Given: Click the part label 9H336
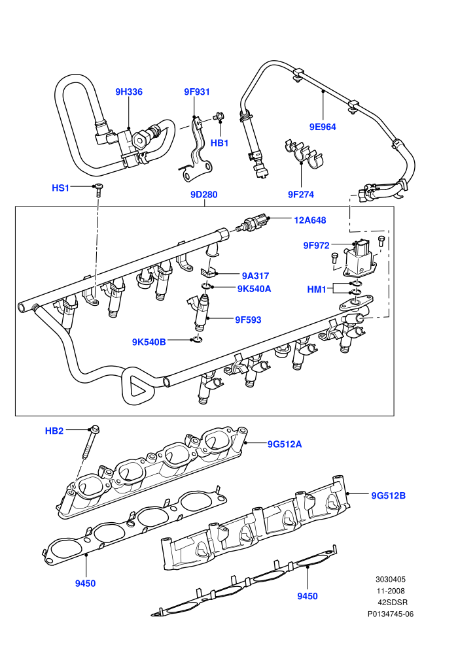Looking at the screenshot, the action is tap(129, 91).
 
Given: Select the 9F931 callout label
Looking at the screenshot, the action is tap(197, 91).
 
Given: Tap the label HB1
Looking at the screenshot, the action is tap(220, 142).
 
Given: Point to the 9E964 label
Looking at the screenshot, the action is tap(323, 127).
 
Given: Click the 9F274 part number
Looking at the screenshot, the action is tap(301, 194).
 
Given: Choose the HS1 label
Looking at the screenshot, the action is tap(60, 188).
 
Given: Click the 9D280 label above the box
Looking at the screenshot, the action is tap(204, 194).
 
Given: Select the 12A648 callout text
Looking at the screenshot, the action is tap(310, 220).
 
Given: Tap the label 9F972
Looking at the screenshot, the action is tap(316, 246).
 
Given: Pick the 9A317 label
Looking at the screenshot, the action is tap(256, 276).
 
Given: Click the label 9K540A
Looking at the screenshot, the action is tap(255, 289).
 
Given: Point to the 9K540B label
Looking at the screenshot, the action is tap(149, 342).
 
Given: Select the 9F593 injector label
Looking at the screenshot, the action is tap(248, 320).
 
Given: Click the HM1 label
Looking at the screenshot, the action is tap(317, 290).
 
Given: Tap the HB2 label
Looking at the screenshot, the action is tap(54, 431).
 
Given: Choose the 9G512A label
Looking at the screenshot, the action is tap(285, 444).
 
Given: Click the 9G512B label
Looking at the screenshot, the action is tap(388, 495).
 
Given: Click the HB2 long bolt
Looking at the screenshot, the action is tap(90, 442).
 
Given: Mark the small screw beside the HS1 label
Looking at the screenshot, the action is tap(99, 190).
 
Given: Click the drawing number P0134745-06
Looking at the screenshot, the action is tap(391, 614).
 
